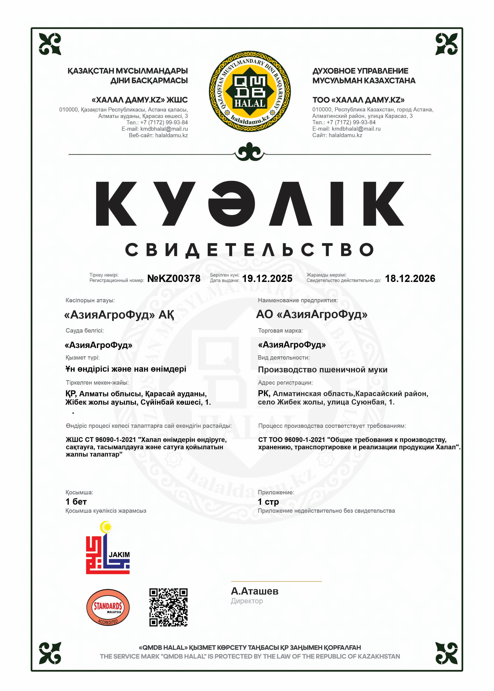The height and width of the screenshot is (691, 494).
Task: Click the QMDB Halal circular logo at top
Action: click(x=249, y=91)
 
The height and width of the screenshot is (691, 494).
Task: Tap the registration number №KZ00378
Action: click(x=174, y=278)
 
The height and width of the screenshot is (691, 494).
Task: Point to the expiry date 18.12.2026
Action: click(x=410, y=278)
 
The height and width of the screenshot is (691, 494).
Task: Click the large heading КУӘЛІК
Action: click(x=249, y=204)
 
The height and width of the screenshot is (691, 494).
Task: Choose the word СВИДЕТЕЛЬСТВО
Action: click(x=249, y=250)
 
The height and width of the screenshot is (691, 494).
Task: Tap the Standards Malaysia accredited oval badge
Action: click(x=108, y=608)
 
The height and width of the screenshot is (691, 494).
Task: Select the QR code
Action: click(x=168, y=607)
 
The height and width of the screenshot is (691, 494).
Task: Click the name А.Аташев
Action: click(x=255, y=591)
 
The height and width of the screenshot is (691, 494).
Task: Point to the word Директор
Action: click(x=247, y=601)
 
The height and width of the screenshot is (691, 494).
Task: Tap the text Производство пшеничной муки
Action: click(x=322, y=370)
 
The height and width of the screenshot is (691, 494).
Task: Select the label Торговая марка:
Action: click(x=280, y=331)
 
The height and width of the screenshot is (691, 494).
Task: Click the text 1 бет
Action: click(x=76, y=502)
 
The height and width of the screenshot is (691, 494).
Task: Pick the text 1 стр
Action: click(x=268, y=502)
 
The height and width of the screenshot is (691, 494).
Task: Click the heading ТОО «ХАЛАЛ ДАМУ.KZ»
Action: click(x=358, y=100)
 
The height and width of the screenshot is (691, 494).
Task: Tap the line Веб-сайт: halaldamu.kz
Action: click(x=158, y=135)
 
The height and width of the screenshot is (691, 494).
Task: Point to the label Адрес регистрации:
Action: click(x=285, y=383)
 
